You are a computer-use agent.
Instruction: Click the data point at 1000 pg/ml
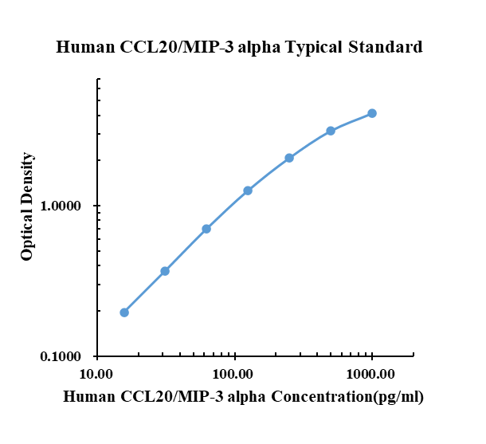coord(372,113)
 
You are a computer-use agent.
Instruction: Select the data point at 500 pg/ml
coord(331,131)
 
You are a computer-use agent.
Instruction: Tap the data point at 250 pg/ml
coord(289,158)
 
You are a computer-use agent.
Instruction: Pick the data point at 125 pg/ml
coord(248,191)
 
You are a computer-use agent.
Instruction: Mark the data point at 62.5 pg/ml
coord(206,229)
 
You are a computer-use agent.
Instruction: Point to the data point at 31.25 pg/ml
coord(165,271)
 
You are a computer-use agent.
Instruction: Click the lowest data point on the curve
coord(124,312)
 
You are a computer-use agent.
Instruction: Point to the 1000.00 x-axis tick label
coord(371,373)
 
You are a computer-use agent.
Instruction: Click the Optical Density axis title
coord(28,206)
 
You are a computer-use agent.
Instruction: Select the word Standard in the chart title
coord(385,48)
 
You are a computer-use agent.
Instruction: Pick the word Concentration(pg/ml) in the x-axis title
coord(347,397)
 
